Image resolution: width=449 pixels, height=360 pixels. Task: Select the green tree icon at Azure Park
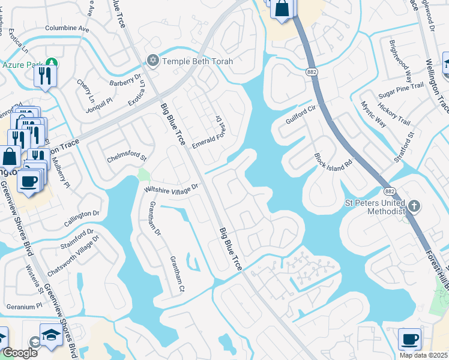click(x=52, y=62)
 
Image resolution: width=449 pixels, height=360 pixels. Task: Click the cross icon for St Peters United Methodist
click(x=414, y=206)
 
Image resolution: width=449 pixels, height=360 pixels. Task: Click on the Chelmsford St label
click(x=127, y=158)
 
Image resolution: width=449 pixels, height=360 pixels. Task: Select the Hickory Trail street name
click(x=399, y=112)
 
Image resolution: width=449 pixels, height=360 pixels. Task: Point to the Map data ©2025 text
click(x=424, y=355)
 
